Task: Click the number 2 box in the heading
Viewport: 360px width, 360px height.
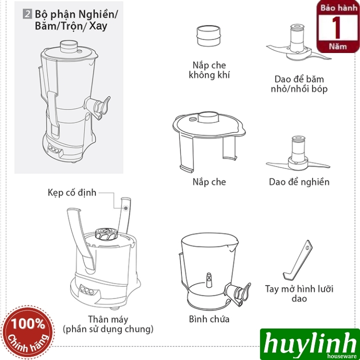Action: pos(27,14)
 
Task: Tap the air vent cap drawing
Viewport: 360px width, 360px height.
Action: pos(208,36)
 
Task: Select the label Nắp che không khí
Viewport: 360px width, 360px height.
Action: pos(209,70)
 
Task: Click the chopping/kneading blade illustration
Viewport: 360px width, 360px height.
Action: pos(298,43)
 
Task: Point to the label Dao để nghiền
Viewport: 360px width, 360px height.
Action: pos(299,182)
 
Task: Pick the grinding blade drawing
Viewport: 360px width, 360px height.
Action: pos(298,153)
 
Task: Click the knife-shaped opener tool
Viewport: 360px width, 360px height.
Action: pos(297,260)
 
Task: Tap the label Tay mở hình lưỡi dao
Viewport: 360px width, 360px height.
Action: pos(299,293)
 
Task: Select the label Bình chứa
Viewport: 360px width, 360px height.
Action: pos(209,319)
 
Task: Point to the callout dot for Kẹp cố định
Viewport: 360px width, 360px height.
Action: pos(126,208)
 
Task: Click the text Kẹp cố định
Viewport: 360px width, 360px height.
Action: pos(72,192)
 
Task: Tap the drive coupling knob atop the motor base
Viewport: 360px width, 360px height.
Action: pos(106,234)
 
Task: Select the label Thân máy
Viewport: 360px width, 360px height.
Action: pos(108,319)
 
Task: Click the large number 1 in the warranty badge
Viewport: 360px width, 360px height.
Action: pos(336,27)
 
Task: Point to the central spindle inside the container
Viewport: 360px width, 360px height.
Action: pos(209,280)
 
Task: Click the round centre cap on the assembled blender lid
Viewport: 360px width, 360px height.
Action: pos(69,46)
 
